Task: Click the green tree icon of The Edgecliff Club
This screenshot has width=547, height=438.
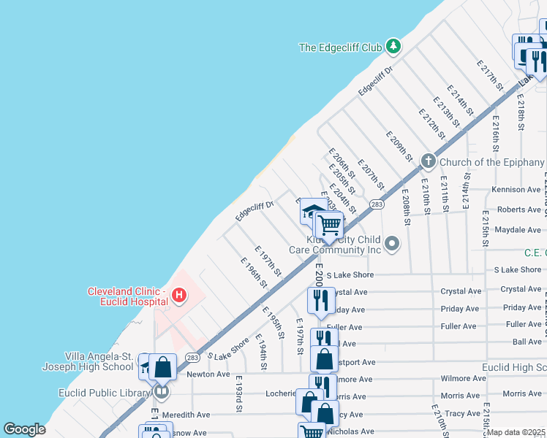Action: (393, 47)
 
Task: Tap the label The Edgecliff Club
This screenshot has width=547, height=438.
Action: (341, 47)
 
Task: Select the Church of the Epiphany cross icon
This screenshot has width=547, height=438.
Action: (428, 162)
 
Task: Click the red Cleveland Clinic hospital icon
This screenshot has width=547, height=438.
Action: (178, 296)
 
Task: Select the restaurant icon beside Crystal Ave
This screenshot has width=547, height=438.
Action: (320, 299)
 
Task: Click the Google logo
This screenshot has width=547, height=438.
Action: (24, 429)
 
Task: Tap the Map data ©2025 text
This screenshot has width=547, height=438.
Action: (516, 432)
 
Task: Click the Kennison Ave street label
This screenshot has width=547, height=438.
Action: (516, 190)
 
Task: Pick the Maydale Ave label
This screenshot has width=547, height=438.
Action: (518, 229)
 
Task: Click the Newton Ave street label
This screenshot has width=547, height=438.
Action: (208, 374)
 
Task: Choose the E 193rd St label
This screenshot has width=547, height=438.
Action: (238, 395)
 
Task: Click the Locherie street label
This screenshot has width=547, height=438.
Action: (281, 392)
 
